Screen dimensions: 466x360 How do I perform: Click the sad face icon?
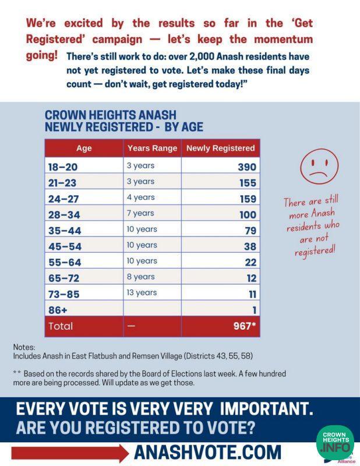[319, 167]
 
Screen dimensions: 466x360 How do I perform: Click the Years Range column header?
[152, 148]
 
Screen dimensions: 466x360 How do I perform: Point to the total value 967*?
[245, 326]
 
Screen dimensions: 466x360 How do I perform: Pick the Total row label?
[61, 326]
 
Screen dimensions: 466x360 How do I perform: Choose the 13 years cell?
[142, 292]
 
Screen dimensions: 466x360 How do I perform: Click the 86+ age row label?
[57, 310]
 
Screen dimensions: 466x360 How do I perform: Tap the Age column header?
[84, 148]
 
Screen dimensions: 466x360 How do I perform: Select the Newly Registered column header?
[220, 148]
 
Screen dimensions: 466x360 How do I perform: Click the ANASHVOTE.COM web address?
[207, 452]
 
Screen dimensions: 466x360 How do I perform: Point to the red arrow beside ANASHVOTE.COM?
[70, 453]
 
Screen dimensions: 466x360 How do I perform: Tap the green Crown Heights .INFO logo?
[335, 442]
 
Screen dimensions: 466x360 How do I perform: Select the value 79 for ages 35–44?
[250, 231]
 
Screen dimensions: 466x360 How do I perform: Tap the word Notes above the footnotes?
[24, 346]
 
